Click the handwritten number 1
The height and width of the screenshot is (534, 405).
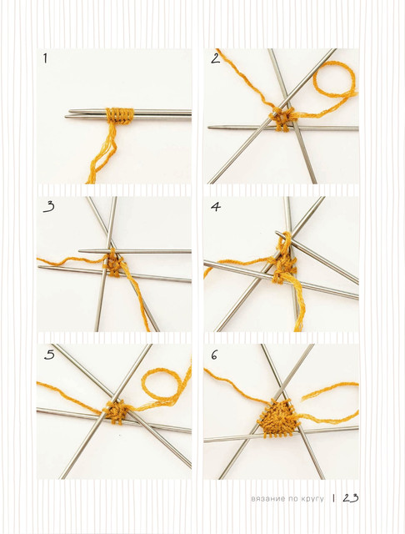(x=45, y=58)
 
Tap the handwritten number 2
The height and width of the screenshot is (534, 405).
(x=216, y=58)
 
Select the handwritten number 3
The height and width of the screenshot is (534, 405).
(x=49, y=207)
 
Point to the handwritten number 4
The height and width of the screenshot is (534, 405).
(x=216, y=207)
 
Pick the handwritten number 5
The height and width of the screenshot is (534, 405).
(x=49, y=355)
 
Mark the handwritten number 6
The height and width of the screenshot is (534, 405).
(x=214, y=355)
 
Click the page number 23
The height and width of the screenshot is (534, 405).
(x=351, y=498)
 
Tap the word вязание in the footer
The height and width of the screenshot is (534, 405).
(x=263, y=499)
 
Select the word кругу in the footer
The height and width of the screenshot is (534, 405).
(x=312, y=499)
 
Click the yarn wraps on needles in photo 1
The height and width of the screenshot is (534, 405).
(x=120, y=116)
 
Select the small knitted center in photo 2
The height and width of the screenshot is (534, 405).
(x=282, y=120)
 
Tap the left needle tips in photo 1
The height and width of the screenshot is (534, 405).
(x=68, y=113)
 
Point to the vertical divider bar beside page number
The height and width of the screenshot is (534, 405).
(x=333, y=498)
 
